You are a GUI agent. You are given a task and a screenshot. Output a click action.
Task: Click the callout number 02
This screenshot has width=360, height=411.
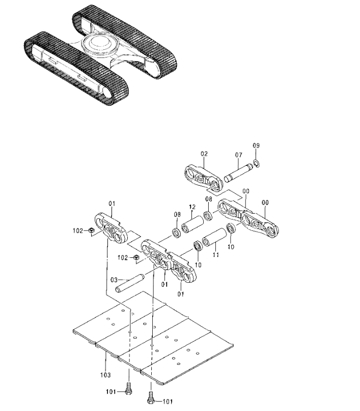204,154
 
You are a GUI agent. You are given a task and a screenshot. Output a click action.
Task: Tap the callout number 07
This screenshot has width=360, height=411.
238,155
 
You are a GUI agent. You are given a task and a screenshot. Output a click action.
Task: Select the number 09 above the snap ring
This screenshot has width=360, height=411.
256,145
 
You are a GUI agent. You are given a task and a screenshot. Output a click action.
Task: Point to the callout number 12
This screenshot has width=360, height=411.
192,207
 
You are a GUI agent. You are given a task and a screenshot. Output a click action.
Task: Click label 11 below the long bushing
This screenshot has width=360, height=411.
216,254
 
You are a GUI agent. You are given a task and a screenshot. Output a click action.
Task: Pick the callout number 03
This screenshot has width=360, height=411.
114,280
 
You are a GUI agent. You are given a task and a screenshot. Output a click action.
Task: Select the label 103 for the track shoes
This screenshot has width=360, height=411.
105,375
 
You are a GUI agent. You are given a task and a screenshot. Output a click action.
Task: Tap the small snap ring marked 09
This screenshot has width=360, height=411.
257,164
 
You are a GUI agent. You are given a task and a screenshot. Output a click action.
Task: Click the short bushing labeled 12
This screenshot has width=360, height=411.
193,224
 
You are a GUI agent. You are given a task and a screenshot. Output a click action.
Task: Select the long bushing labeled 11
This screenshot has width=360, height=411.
215,237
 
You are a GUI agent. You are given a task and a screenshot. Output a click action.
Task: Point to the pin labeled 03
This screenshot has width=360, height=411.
130,283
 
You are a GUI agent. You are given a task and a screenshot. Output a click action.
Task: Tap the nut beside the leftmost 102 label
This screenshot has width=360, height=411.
91,230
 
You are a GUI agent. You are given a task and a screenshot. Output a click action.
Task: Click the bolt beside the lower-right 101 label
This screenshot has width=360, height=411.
150,398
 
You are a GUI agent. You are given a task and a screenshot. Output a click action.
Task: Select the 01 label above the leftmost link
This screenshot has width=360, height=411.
112,203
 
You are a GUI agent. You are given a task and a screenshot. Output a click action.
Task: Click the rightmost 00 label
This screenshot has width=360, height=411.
265,202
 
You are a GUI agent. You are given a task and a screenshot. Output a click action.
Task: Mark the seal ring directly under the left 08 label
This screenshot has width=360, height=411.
176,233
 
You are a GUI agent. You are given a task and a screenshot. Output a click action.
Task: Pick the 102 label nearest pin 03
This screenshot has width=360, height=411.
123,258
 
